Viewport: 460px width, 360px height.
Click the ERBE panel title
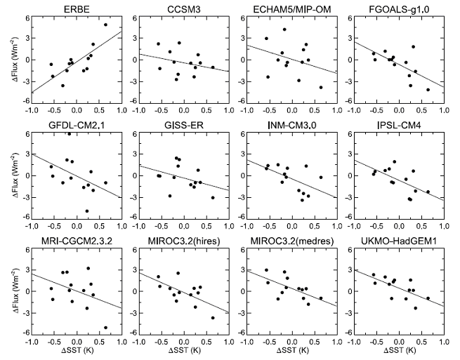(x=76, y=9)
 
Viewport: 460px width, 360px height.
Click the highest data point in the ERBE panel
(x=105, y=25)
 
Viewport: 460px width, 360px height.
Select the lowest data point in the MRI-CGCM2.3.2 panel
(x=105, y=327)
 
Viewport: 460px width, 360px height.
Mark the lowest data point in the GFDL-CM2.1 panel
(x=87, y=211)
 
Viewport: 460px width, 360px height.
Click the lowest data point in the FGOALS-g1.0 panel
(x=428, y=90)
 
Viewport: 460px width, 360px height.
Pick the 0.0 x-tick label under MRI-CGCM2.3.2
(x=76, y=343)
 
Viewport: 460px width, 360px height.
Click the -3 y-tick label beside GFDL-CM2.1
(x=24, y=197)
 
